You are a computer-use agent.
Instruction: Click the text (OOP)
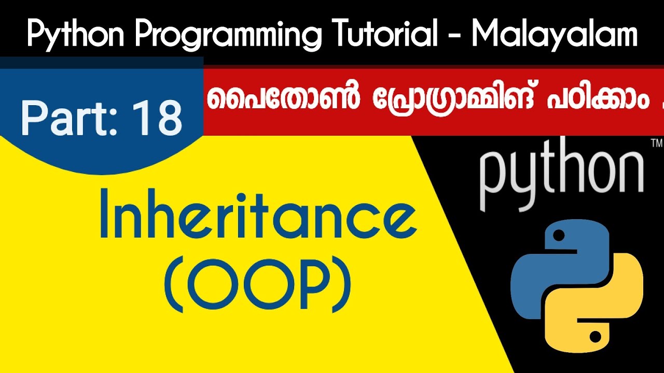click(258, 286)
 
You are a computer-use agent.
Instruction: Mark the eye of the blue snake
click(558, 236)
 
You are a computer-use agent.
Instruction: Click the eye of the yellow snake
click(595, 337)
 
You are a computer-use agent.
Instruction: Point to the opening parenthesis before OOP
click(175, 286)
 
